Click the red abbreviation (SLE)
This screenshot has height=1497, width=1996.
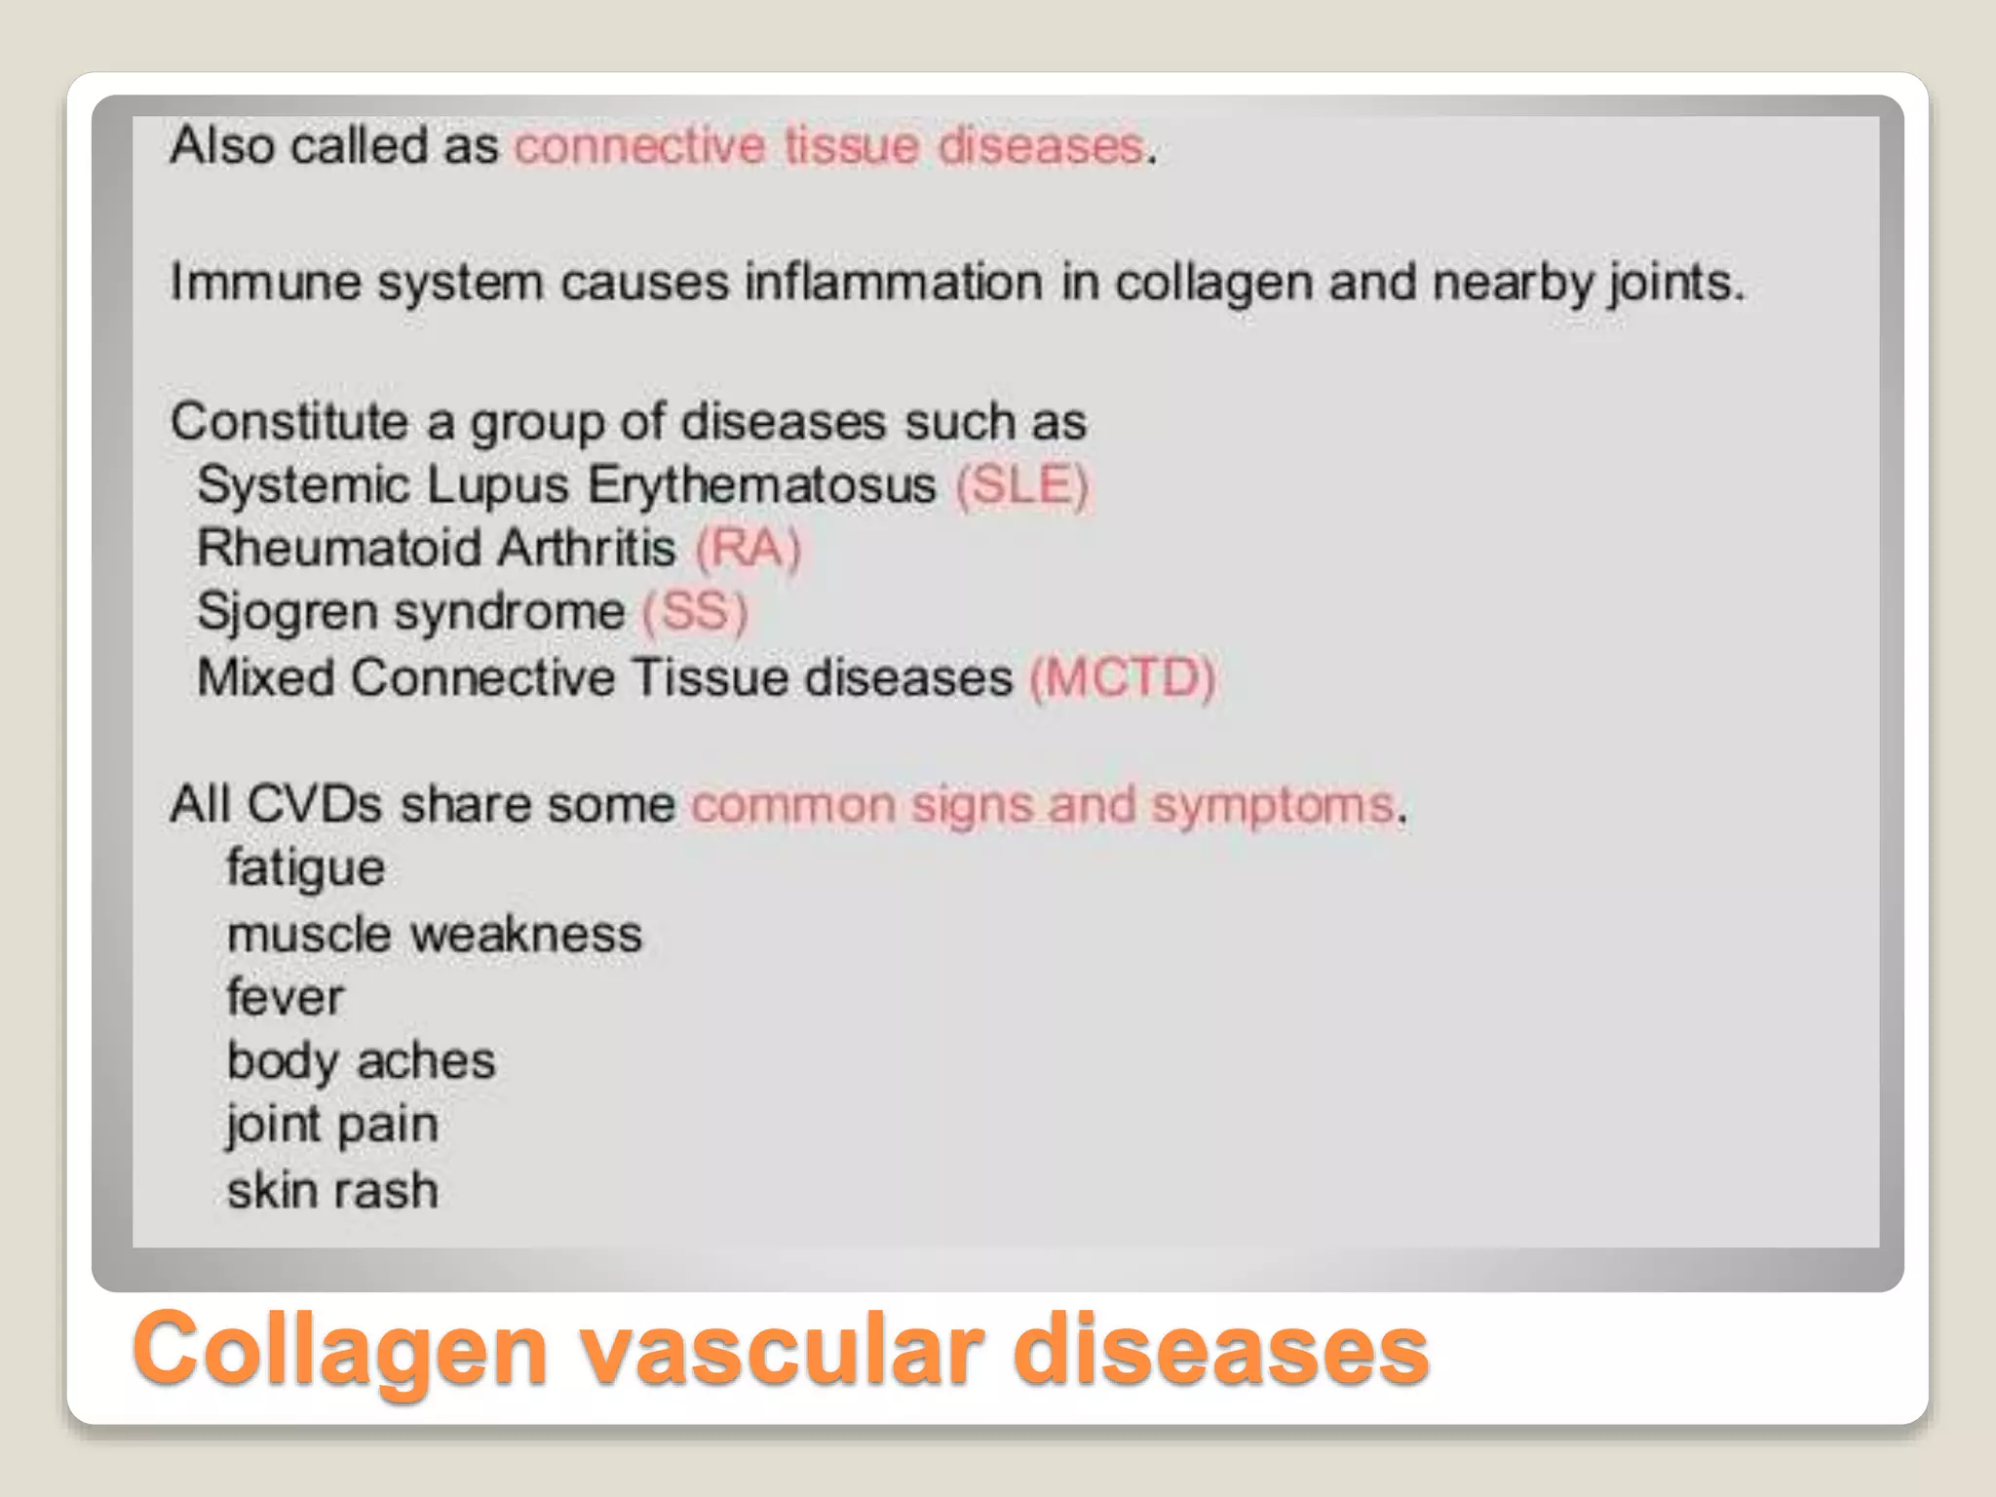[x=1021, y=485]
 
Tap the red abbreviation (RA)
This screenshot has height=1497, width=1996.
[x=748, y=548]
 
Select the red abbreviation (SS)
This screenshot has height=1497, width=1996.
[x=694, y=612]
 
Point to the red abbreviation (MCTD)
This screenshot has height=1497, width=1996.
[x=1123, y=677]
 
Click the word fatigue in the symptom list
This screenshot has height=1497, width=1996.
[x=305, y=868]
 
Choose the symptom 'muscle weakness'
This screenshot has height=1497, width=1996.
[x=434, y=935]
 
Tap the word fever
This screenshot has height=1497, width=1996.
[x=285, y=997]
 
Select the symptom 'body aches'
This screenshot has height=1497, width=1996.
[x=361, y=1061]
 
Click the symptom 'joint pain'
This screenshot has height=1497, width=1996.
[x=331, y=1125]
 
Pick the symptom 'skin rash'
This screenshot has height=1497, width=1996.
[x=332, y=1190]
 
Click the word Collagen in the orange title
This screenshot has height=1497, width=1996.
[x=340, y=1350]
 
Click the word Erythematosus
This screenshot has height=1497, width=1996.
[x=761, y=485]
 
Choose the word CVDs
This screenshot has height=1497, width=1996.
[x=314, y=805]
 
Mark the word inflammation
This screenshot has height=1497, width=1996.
[x=894, y=283]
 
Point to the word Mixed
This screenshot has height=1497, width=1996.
[x=265, y=677]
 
